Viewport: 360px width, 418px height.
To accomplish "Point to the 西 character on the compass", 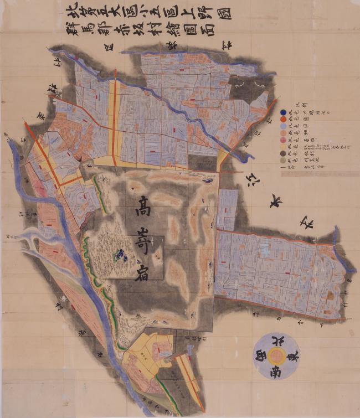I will click(260, 355).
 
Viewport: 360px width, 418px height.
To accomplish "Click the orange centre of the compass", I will click(276, 355).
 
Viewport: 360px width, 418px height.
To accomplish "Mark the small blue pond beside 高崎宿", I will click(118, 255).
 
